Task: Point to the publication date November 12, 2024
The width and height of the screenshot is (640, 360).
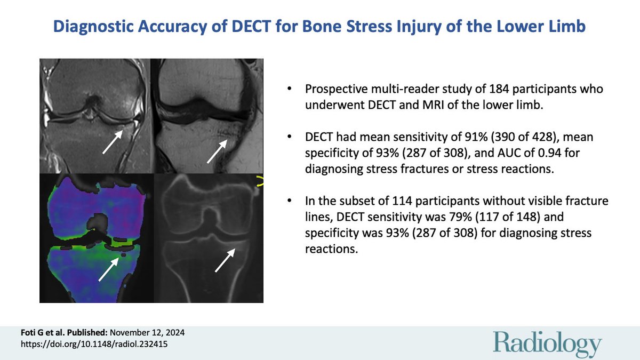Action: click(150, 333)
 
